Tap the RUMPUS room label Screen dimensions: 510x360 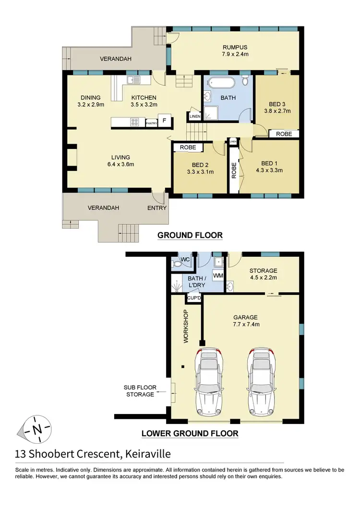[235, 47]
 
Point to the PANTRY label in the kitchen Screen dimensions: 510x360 [151, 123]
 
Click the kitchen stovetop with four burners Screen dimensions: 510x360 [134, 122]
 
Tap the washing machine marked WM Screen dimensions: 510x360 [217, 275]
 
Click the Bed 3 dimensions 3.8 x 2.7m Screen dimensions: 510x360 [277, 110]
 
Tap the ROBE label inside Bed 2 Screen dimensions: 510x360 [187, 147]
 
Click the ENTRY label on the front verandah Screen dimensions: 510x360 [156, 208]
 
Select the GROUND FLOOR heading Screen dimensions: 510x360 [190, 235]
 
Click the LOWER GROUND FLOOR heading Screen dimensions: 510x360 [190, 433]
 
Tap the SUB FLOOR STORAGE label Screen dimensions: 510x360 [139, 391]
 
